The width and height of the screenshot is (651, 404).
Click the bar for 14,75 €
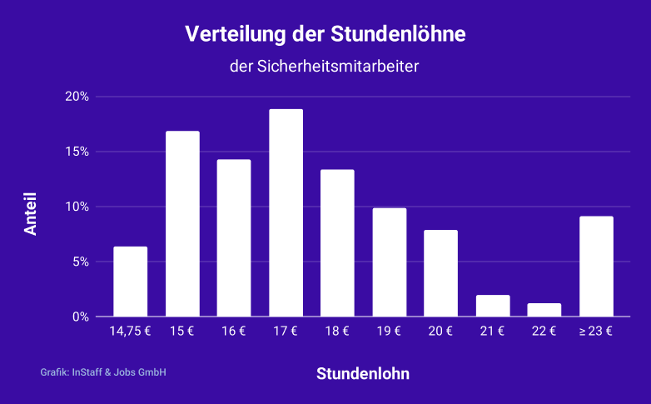131,282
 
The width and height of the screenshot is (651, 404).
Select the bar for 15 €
182,224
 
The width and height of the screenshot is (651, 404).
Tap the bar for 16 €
234,238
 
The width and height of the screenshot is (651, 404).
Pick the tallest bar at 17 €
286,213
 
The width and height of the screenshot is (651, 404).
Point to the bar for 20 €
440,273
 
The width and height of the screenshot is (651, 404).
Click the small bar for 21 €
493,306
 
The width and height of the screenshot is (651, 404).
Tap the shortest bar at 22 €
544,310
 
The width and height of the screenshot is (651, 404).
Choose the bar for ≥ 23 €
596,267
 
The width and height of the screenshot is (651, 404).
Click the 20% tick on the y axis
77,97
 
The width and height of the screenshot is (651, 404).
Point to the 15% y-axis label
77,152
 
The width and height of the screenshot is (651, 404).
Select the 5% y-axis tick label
80,262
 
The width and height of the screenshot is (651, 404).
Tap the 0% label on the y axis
80,317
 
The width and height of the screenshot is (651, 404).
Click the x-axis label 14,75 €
131,332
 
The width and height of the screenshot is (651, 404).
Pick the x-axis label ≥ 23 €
596,332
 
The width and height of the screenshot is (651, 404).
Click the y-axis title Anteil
31,215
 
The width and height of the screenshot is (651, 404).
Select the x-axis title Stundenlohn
363,374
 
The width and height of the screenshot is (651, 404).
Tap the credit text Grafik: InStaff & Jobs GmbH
103,372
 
